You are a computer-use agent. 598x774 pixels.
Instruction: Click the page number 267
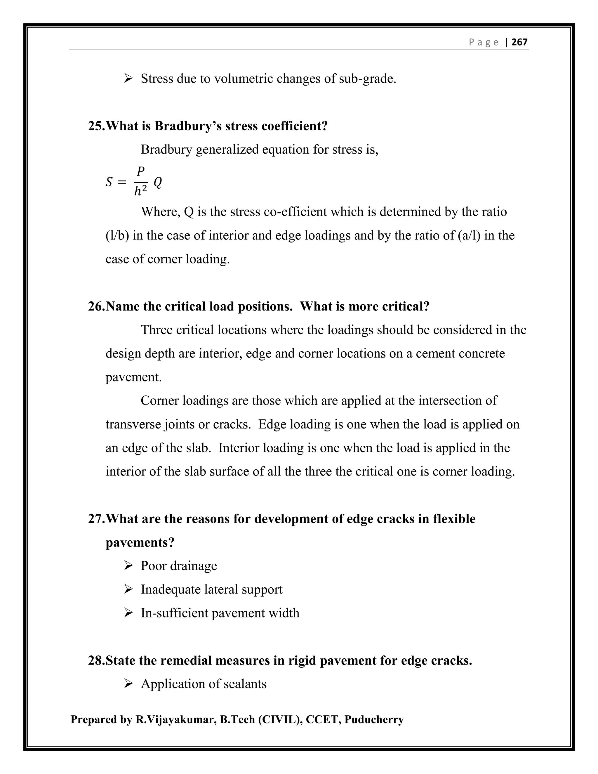(x=519, y=42)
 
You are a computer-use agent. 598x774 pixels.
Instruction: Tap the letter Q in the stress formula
(x=158, y=182)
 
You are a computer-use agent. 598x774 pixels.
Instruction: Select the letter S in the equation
(x=109, y=182)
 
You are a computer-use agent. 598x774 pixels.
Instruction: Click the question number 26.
(x=96, y=306)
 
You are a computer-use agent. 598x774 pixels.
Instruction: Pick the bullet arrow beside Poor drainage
(x=128, y=566)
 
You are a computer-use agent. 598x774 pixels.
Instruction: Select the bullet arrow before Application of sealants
(x=128, y=684)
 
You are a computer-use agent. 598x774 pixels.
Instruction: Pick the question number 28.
(x=96, y=660)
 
